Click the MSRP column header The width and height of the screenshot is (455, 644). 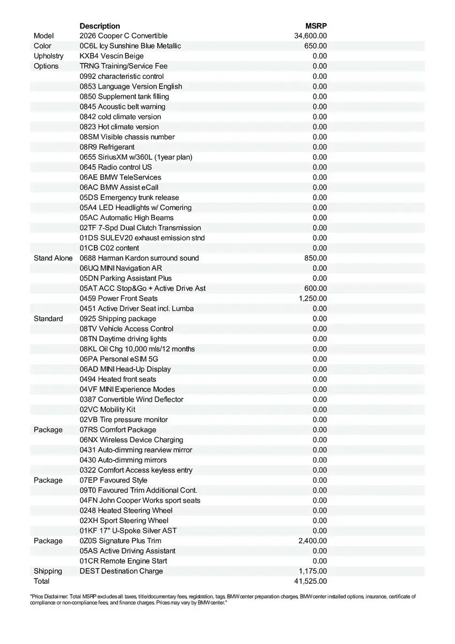(x=317, y=26)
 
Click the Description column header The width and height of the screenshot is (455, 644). (x=100, y=26)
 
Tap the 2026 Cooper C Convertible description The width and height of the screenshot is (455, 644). (x=123, y=36)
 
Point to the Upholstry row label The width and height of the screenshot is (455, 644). (x=48, y=56)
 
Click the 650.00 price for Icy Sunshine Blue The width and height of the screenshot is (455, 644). (x=315, y=46)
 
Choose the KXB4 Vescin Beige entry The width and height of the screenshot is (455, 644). (x=112, y=56)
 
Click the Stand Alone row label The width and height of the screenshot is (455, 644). (x=53, y=258)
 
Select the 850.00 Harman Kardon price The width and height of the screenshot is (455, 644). (x=315, y=258)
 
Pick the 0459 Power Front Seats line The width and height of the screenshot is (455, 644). (x=119, y=298)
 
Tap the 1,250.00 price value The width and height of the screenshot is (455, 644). (x=313, y=298)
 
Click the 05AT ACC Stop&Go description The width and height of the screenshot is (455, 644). (x=143, y=288)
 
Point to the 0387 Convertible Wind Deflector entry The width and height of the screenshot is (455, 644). (x=131, y=399)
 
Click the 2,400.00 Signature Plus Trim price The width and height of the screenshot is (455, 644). (x=313, y=541)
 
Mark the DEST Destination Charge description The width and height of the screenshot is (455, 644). (x=121, y=571)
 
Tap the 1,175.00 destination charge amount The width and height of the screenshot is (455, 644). (x=313, y=571)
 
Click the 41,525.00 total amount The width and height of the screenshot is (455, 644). (x=311, y=581)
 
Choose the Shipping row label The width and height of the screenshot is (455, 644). (x=48, y=571)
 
